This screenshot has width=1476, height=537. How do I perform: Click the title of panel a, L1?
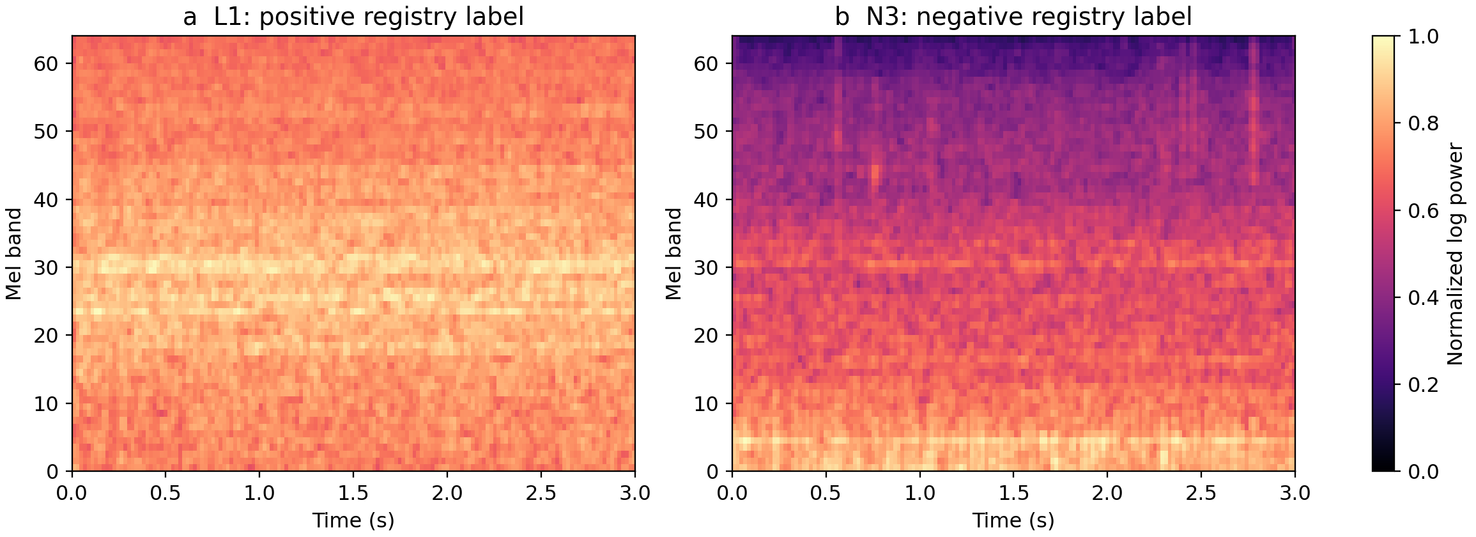[x=353, y=17]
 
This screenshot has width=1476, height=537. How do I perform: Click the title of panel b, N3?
[x=1013, y=17]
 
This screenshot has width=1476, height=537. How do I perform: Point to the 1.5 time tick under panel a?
[x=353, y=493]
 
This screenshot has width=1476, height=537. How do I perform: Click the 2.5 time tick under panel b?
[x=1201, y=493]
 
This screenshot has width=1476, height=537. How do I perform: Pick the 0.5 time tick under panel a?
[x=166, y=493]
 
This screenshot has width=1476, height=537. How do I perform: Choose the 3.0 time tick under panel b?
[x=1295, y=493]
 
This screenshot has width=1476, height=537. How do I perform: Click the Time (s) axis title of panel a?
[x=353, y=520]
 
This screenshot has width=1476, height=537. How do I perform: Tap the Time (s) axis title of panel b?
[x=1013, y=520]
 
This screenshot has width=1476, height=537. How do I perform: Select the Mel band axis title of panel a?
[x=13, y=254]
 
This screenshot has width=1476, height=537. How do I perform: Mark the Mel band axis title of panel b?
[x=673, y=254]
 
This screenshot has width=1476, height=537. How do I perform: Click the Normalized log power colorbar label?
[x=1456, y=254]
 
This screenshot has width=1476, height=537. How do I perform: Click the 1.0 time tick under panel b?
[x=920, y=493]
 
